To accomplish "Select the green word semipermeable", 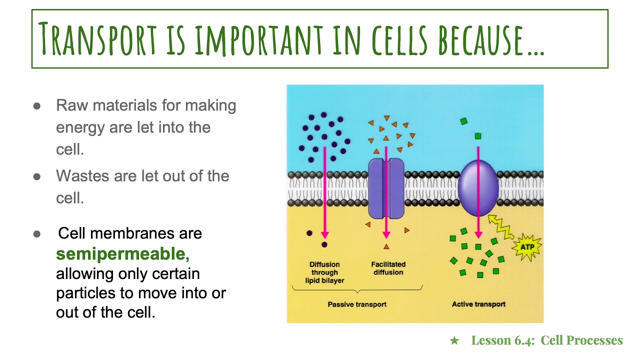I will [122, 254].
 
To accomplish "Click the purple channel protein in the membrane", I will [386, 189].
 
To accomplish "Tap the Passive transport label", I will [357, 304].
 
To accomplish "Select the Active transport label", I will [478, 304].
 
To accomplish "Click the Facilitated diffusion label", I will [388, 268].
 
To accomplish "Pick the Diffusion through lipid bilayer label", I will [324, 272].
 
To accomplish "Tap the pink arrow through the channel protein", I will [386, 200].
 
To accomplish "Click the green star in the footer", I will [454, 341].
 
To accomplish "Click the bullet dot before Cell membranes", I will [37, 234].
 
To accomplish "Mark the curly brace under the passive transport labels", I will [357, 290].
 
